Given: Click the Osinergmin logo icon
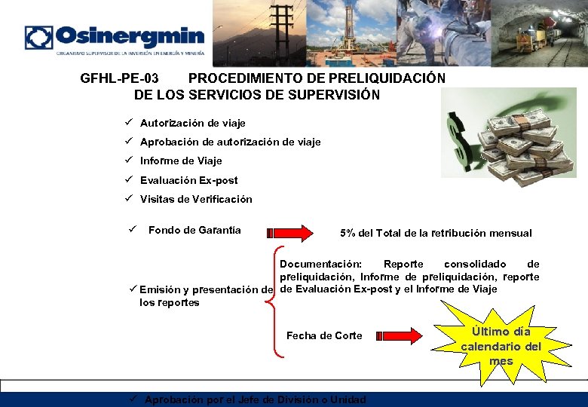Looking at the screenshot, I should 39,38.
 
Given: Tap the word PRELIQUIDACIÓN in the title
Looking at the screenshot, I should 392,78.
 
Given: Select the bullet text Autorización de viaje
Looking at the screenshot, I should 192,123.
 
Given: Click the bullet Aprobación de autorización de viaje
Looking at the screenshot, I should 230,142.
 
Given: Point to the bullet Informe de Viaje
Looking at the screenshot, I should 181,161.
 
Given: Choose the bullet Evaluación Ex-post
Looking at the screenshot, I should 188,180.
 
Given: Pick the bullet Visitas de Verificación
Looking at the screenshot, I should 196,200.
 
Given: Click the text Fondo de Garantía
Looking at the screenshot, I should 194,230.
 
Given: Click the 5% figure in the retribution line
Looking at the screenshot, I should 348,233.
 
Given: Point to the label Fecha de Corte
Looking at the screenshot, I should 324,335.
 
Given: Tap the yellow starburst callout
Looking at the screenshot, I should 501,343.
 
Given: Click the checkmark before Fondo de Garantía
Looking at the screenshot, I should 131,229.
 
